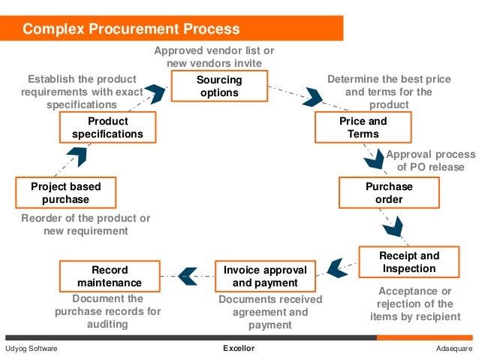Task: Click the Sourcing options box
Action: (x=218, y=86)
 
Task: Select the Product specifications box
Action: (x=107, y=127)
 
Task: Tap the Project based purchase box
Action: (x=65, y=192)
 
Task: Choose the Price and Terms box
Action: (x=363, y=127)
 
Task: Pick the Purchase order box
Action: (x=389, y=192)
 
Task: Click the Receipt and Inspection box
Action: (x=408, y=262)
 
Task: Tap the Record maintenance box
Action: (x=109, y=276)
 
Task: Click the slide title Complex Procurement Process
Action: (x=131, y=29)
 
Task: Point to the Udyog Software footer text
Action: (x=31, y=349)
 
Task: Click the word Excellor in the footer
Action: (x=239, y=349)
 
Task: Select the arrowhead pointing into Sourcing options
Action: (x=155, y=94)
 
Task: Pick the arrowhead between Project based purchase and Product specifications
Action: (x=77, y=156)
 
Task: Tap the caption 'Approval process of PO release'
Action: (x=430, y=161)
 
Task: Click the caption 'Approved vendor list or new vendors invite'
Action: (x=214, y=56)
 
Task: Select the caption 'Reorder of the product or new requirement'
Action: (x=86, y=224)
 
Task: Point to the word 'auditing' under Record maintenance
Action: (x=107, y=324)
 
